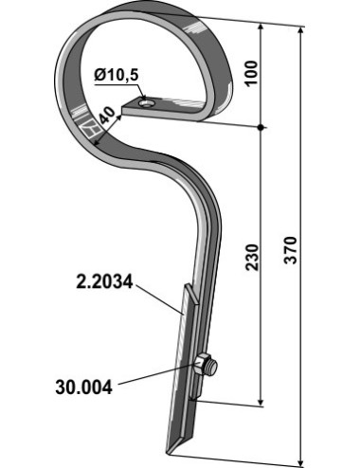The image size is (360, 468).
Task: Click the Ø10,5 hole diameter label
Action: (x=117, y=75)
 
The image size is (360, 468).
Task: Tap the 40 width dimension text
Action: (x=107, y=116)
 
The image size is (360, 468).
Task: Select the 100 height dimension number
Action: (x=252, y=73)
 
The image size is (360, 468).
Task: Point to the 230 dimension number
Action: (x=252, y=257)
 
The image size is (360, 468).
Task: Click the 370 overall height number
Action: (x=290, y=250)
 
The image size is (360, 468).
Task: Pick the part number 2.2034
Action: (x=104, y=282)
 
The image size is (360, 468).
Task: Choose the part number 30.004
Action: (x=83, y=387)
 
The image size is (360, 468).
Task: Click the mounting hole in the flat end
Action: (x=147, y=103)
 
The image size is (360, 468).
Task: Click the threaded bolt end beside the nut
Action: (x=212, y=369)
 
